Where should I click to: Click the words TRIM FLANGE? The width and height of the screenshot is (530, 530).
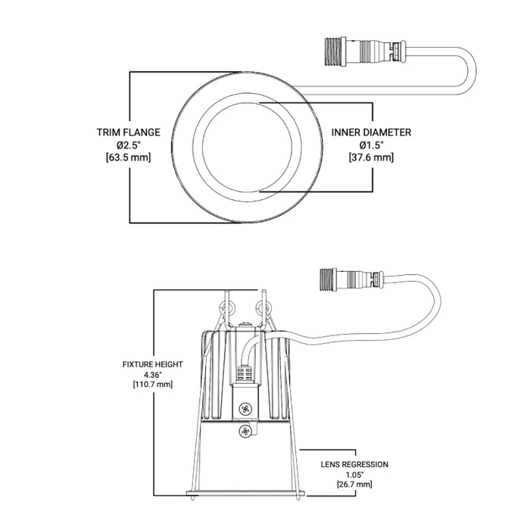pos(128,132)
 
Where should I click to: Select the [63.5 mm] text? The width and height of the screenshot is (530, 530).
pos(129,157)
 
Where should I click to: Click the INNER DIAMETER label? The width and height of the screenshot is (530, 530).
pos(371,132)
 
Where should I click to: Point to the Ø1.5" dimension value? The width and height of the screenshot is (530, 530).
pos(371,145)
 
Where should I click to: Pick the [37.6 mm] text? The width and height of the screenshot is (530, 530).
pos(371,157)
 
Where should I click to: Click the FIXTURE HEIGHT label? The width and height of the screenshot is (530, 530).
pos(153,364)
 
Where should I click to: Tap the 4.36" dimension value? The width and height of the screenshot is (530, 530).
pos(153,374)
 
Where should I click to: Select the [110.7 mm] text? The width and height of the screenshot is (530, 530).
pos(153,385)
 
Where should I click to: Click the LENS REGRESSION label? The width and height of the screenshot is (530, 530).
pos(356,463)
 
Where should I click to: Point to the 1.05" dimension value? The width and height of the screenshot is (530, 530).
pos(356,474)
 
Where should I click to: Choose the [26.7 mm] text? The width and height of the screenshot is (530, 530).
pos(356,484)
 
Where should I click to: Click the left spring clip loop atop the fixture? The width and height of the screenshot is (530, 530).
pos(226,308)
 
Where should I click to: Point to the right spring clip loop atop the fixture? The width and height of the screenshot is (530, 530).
pos(264,307)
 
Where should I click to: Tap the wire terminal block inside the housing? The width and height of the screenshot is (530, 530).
pos(245,374)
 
